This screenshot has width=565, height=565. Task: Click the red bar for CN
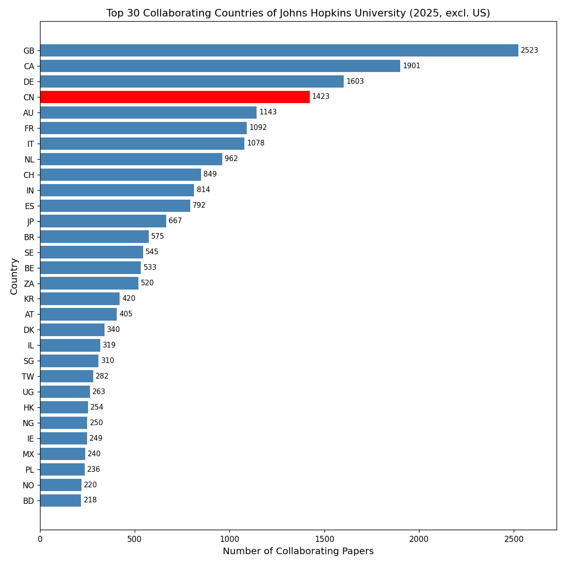(175, 97)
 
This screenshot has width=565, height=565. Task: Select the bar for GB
(279, 50)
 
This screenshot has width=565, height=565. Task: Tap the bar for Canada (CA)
(220, 66)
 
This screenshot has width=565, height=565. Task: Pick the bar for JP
(103, 221)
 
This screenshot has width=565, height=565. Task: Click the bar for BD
(61, 500)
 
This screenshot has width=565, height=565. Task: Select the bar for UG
(65, 392)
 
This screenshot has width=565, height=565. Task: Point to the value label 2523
(529, 50)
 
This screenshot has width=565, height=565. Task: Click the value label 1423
(321, 97)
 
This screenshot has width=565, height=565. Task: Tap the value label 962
(231, 159)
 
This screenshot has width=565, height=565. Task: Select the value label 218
(90, 500)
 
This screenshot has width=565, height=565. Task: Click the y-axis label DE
(29, 82)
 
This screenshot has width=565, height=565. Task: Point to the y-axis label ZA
(29, 284)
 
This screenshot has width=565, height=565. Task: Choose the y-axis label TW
(28, 377)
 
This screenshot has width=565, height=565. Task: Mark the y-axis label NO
(28, 485)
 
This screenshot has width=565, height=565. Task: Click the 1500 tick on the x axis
(324, 539)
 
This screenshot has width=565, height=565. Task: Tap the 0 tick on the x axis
(40, 539)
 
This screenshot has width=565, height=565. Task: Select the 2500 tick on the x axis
(514, 539)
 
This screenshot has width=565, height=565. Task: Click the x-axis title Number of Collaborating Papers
(298, 551)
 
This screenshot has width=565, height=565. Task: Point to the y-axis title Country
(14, 276)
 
